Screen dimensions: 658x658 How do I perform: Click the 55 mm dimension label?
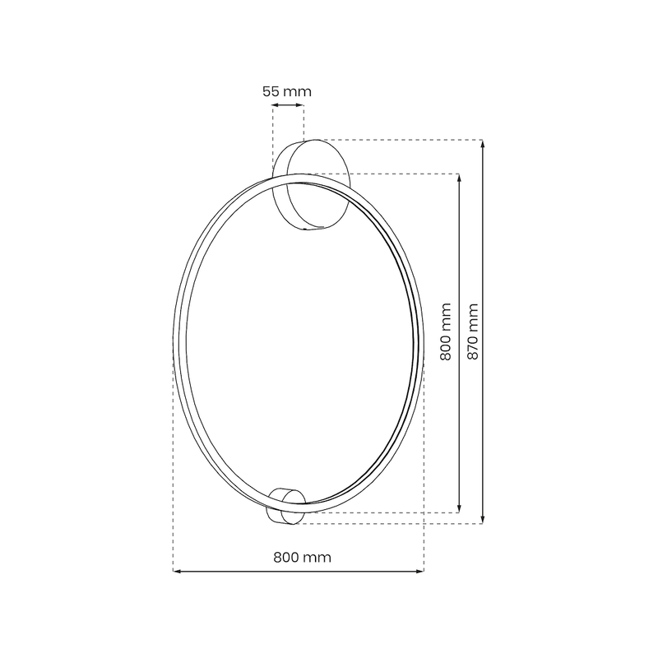(x=287, y=91)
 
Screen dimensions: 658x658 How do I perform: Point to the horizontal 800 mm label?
(x=302, y=557)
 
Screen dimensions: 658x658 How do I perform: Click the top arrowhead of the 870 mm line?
(x=483, y=145)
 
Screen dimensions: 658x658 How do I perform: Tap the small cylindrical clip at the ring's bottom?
(x=286, y=503)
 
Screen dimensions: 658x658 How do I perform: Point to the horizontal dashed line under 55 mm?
(x=288, y=104)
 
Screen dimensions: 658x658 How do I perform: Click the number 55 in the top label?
(x=271, y=91)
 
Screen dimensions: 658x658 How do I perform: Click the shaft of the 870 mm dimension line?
(x=483, y=247)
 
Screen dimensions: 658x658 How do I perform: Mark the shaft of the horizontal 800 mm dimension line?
(x=247, y=570)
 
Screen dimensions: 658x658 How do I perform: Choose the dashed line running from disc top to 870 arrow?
(x=395, y=139)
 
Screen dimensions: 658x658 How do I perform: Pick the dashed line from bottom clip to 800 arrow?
(x=378, y=512)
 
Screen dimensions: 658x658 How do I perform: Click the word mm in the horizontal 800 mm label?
(x=317, y=557)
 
